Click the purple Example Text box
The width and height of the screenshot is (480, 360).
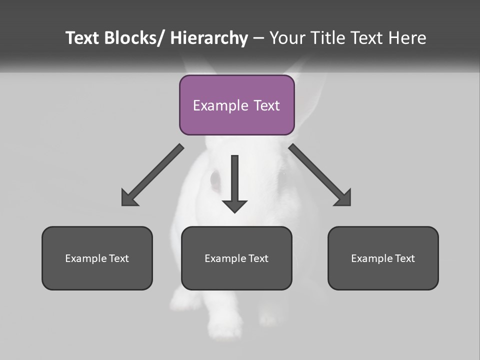tap(236, 105)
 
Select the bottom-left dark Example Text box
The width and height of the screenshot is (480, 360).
tap(97, 258)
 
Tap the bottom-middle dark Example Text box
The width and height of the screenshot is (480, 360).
tap(236, 258)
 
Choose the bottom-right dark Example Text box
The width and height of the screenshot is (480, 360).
tap(383, 258)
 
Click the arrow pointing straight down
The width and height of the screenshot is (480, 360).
tap(234, 182)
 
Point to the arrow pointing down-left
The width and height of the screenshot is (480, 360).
tap(152, 175)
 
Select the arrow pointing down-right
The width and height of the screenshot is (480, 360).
tap(320, 175)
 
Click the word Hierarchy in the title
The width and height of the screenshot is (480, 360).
tap(209, 38)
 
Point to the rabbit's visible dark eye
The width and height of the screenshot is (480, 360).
tap(215, 180)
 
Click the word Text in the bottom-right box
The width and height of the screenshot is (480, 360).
tap(404, 258)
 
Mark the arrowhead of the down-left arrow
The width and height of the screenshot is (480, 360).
tap(128, 198)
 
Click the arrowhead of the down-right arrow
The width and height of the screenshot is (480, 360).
tap(344, 198)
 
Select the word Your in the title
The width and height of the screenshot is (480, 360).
tap(286, 38)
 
